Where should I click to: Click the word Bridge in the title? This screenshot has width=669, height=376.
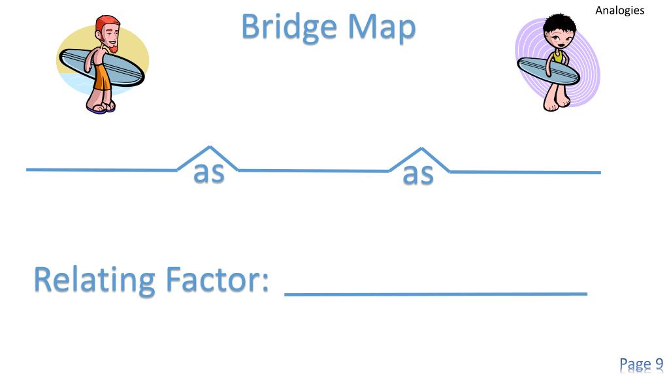(x=289, y=27)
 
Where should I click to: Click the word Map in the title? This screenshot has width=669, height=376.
(x=382, y=27)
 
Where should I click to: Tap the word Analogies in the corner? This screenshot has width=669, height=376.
(x=619, y=10)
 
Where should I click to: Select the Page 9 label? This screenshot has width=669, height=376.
(x=642, y=365)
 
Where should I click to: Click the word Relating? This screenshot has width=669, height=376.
(x=94, y=281)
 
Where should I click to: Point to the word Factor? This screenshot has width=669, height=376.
(x=217, y=279)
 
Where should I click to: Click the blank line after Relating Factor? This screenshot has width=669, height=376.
(x=436, y=294)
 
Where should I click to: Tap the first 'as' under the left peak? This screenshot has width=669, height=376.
(x=209, y=172)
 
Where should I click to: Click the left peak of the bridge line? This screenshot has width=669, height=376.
(x=209, y=147)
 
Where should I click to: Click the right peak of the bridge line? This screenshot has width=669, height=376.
(x=421, y=149)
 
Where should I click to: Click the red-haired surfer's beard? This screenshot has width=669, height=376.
(x=112, y=48)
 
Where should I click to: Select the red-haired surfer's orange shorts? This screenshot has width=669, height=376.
(x=101, y=78)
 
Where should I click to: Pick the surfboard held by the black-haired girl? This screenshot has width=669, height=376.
(x=548, y=70)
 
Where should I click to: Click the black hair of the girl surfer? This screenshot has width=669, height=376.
(x=559, y=25)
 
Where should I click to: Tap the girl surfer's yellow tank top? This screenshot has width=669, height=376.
(x=558, y=56)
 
